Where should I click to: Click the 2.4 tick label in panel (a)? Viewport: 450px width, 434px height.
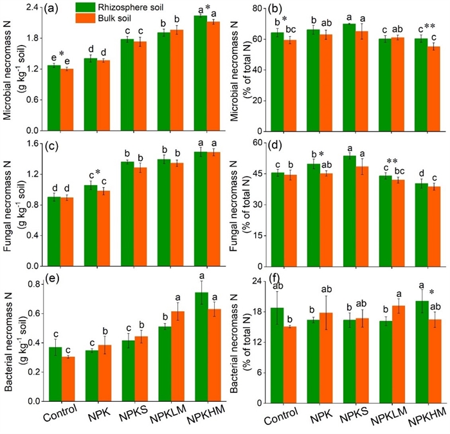pos(33,8)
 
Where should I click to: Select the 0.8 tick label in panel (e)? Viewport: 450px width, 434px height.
pos(33,284)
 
